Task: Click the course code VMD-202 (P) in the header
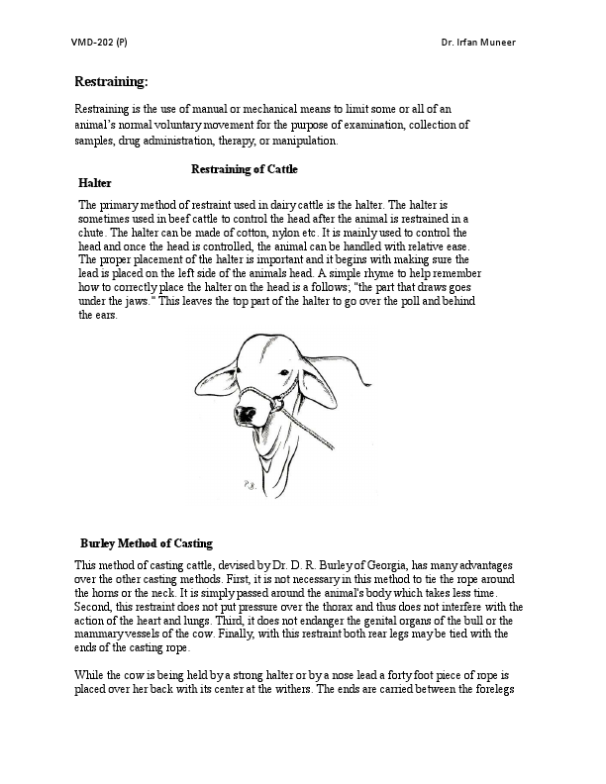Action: pyautogui.click(x=99, y=43)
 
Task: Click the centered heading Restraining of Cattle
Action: pyautogui.click(x=244, y=169)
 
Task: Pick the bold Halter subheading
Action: pyautogui.click(x=95, y=183)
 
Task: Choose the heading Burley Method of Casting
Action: pyautogui.click(x=146, y=543)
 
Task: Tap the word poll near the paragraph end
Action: pyautogui.click(x=399, y=301)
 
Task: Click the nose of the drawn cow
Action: pyautogui.click(x=241, y=409)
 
